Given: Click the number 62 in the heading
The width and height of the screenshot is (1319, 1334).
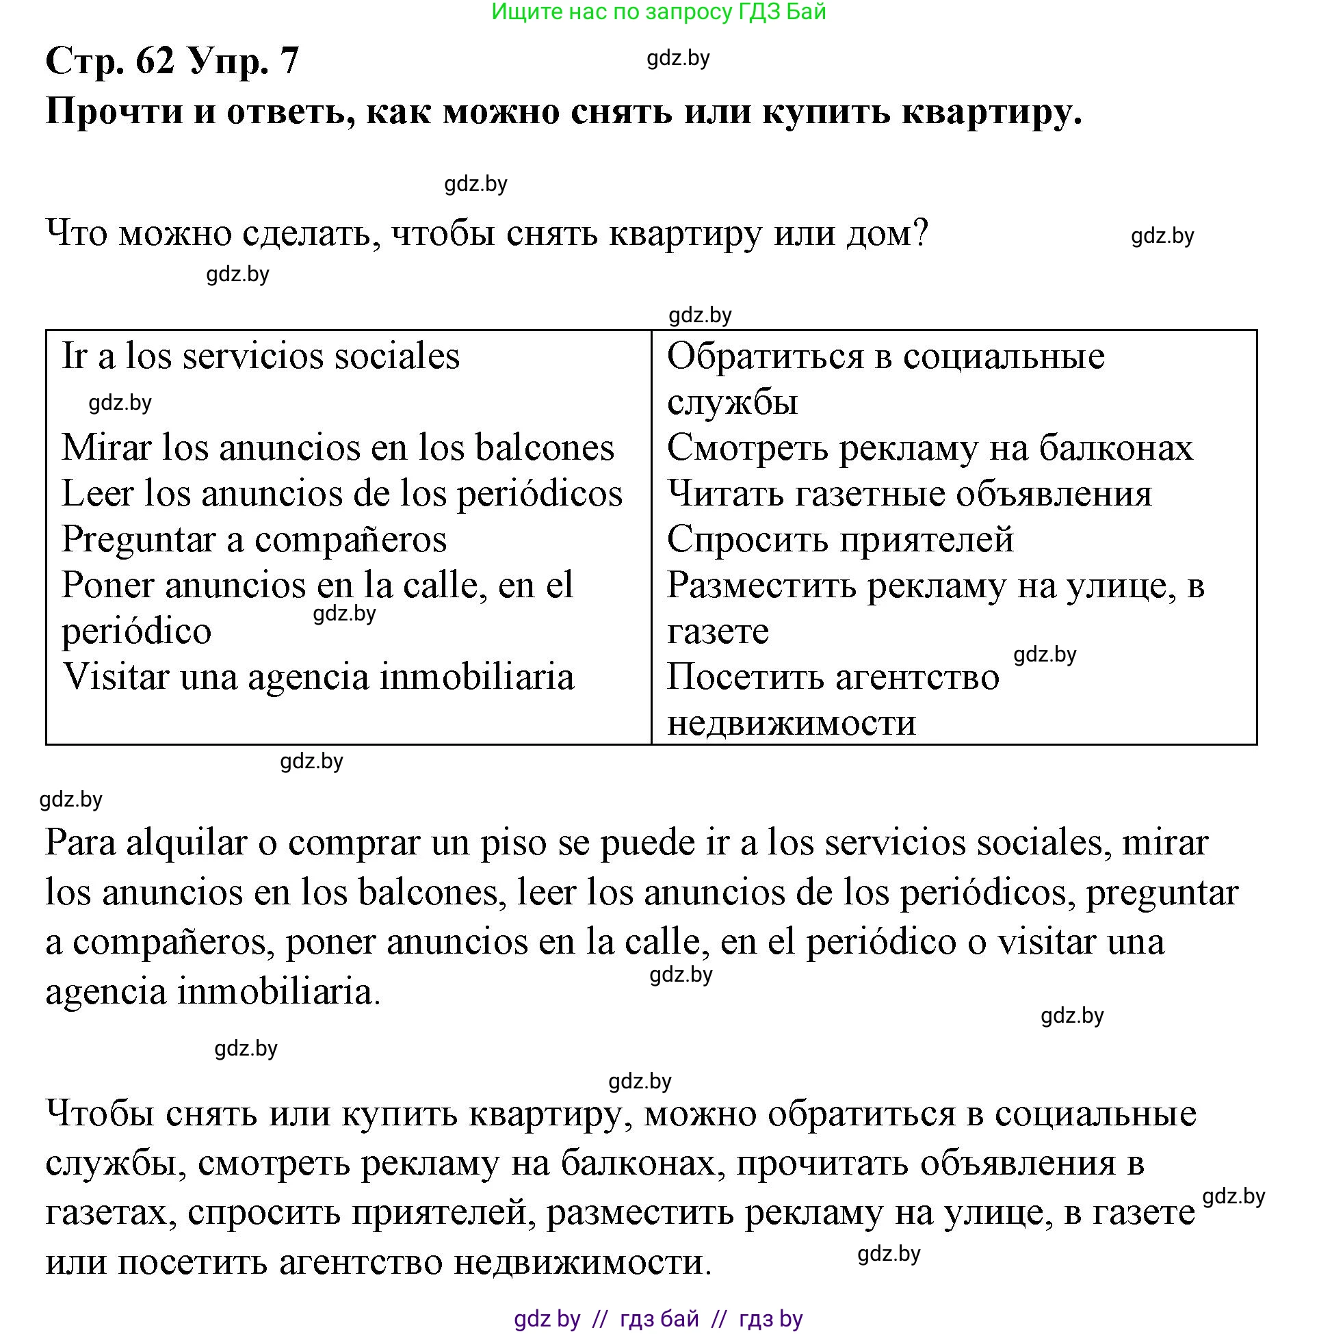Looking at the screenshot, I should (x=155, y=61).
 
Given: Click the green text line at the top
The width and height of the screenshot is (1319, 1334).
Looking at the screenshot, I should (x=658, y=12).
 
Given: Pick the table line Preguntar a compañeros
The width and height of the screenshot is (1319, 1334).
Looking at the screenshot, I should (x=254, y=540).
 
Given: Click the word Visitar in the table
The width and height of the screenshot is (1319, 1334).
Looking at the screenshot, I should (x=116, y=677).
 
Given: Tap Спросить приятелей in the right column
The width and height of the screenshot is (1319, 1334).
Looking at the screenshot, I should (x=839, y=540).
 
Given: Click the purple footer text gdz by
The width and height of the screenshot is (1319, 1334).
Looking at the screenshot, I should (x=547, y=1319).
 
